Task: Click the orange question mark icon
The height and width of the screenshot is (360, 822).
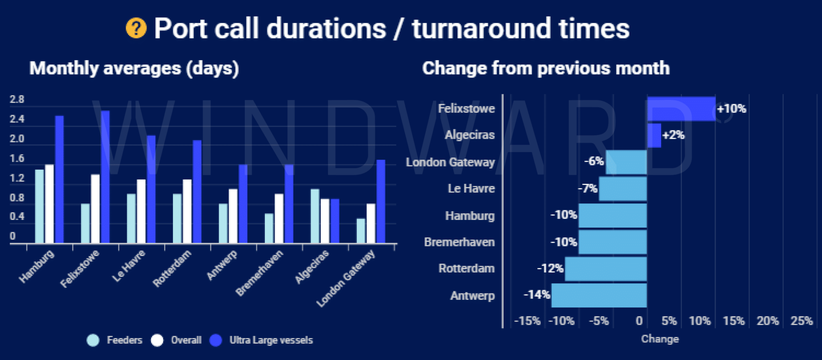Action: (136, 28)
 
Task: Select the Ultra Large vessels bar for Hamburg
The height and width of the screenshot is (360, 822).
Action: (59, 179)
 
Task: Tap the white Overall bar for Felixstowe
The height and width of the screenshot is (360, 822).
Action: (96, 209)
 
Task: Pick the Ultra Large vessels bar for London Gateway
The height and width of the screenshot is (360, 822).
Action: (381, 201)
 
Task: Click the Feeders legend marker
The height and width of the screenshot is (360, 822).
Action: (93, 340)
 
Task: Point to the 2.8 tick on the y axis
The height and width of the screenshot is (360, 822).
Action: (17, 100)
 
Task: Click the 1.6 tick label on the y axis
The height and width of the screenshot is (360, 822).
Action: (17, 159)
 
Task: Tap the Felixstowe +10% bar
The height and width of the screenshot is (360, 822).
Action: (681, 109)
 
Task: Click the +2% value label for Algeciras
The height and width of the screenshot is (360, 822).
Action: (673, 135)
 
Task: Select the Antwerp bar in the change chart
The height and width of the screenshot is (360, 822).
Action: (599, 295)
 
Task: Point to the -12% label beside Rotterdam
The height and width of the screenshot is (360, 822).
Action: (550, 268)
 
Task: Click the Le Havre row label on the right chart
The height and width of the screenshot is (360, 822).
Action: (471, 189)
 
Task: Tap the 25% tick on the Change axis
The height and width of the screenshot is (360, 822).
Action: (802, 321)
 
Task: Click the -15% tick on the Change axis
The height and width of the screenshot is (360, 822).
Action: (527, 321)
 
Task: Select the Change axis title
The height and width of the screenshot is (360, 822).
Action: (660, 339)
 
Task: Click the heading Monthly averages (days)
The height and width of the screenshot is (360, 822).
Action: (134, 68)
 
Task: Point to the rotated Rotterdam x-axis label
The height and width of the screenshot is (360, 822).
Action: (172, 268)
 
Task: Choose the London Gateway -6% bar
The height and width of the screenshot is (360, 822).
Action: (626, 162)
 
